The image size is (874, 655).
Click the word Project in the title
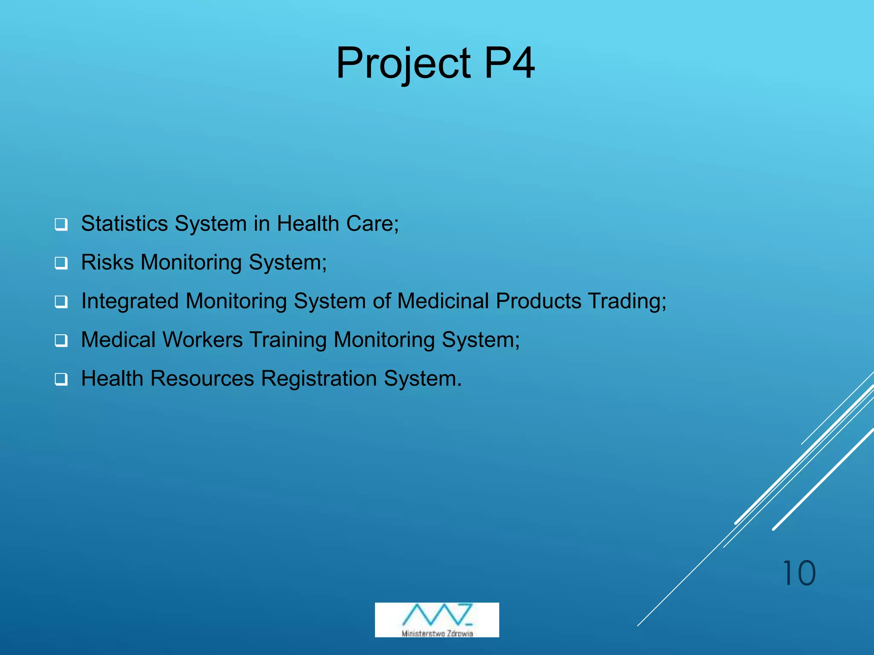pyautogui.click(x=403, y=64)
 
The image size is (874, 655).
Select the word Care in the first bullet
pyautogui.click(x=370, y=223)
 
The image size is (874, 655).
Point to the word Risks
pyautogui.click(x=107, y=262)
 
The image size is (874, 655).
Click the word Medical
pyautogui.click(x=118, y=340)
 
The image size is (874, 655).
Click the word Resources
pyautogui.click(x=202, y=379)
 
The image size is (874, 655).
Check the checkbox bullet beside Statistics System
pyautogui.click(x=61, y=224)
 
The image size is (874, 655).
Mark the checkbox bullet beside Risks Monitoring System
pyautogui.click(x=61, y=263)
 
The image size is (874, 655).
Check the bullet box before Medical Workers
pyautogui.click(x=61, y=341)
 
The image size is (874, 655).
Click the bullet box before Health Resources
pyautogui.click(x=61, y=379)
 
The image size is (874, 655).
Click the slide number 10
pyautogui.click(x=798, y=574)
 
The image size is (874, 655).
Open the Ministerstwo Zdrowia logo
pyautogui.click(x=437, y=620)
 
